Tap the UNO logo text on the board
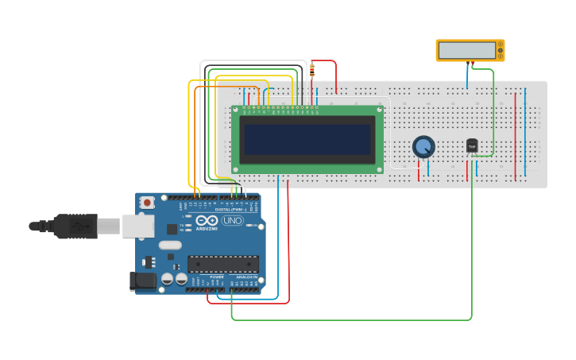pos(232,221)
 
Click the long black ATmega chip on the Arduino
pos(222,264)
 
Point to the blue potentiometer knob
pos(423,146)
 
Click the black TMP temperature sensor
pos(472,145)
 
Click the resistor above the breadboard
pos(311,70)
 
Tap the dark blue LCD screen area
pos(307,139)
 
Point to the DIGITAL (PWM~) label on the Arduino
pos(231,209)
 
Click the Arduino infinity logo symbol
pos(207,220)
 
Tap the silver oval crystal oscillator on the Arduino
pos(170,246)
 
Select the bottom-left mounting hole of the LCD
pos(236,168)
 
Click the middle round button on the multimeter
pos(501,51)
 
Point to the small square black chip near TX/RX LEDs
pos(172,229)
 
